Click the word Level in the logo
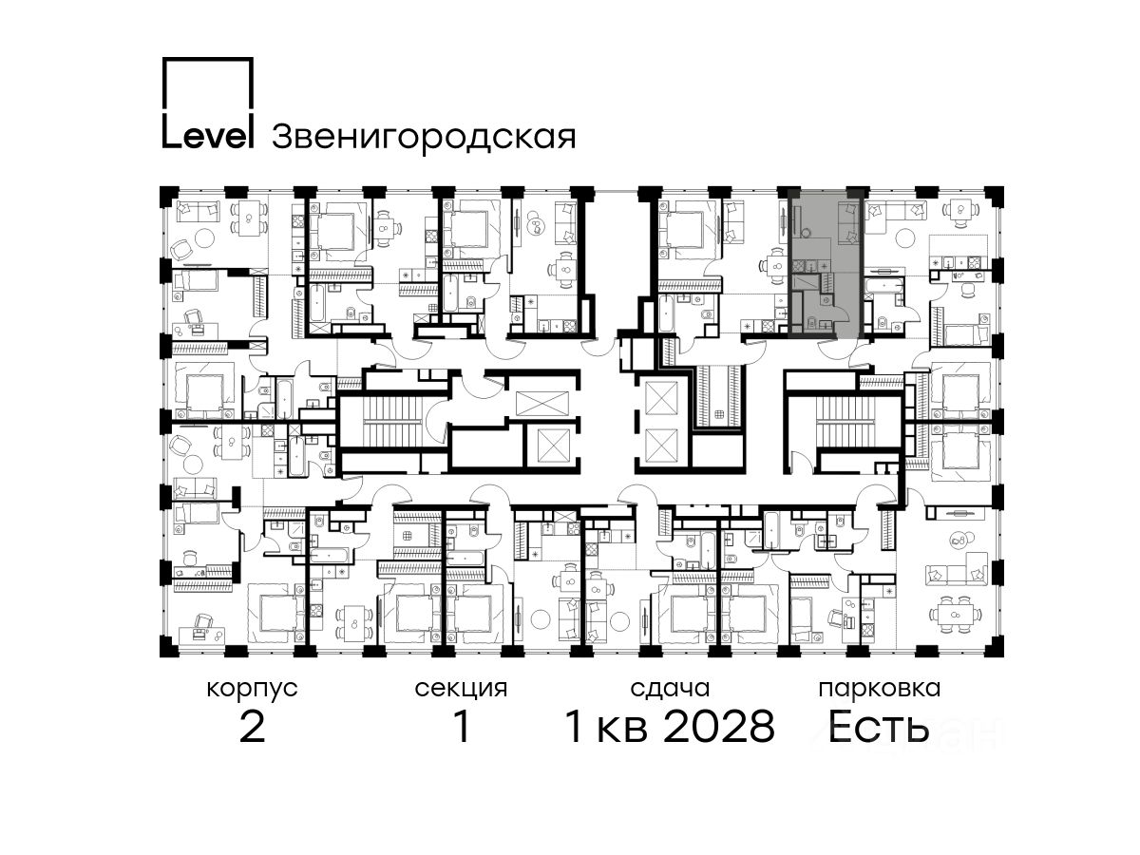coord(208,137)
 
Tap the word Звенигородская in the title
coord(424,138)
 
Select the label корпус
coord(252,690)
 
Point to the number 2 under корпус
coord(252,727)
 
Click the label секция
coord(461,690)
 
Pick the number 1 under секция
coord(462,727)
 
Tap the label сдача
coord(670,690)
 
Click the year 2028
coord(720,727)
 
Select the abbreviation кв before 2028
coord(622,731)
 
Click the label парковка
coord(880,690)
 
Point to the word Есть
coord(879,727)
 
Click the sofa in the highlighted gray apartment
coord(847,223)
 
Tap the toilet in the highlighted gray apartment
coord(811,323)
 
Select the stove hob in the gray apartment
coord(798,267)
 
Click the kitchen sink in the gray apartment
coord(810,267)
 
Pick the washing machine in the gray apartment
coord(826,299)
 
